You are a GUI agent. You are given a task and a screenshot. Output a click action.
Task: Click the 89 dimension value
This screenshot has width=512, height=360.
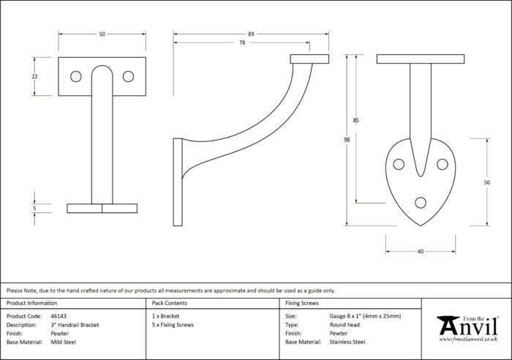[x=251, y=34]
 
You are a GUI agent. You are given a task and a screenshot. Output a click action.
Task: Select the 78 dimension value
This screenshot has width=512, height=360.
[x=242, y=42]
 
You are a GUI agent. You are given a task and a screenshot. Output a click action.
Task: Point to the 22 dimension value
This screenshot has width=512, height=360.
[x=34, y=76]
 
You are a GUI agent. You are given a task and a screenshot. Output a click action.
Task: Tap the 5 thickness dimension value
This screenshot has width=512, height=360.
[x=34, y=209]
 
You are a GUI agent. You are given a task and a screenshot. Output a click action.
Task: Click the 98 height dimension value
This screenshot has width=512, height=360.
[x=347, y=140]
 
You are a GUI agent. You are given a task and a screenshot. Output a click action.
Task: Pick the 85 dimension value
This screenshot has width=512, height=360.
[x=356, y=120]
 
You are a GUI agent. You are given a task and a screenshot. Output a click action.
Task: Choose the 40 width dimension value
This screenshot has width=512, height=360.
[x=421, y=252]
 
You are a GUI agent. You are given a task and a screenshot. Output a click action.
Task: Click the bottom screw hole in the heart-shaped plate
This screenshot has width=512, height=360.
[x=421, y=203]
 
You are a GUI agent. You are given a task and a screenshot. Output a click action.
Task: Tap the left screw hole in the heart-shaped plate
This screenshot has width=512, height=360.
[x=399, y=164]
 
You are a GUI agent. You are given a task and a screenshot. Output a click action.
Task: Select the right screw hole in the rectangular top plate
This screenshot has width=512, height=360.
[x=128, y=76]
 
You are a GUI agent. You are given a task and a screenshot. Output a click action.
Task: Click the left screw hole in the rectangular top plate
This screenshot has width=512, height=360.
[x=76, y=76]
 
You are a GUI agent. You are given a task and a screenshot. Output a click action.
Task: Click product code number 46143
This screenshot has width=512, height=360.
[x=59, y=316]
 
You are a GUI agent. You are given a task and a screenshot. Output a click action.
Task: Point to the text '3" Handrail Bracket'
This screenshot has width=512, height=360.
[x=75, y=325]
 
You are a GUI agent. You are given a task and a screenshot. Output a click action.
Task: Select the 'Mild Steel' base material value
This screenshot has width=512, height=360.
[x=64, y=342]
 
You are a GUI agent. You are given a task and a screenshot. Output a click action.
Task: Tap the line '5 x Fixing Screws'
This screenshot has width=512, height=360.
[x=173, y=325]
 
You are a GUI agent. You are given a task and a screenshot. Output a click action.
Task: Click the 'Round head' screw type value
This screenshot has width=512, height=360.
[x=345, y=325]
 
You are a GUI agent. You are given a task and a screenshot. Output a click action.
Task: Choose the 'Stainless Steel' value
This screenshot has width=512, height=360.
[x=347, y=342]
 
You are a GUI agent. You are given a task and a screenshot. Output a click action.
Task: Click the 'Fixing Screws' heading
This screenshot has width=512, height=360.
[x=301, y=303]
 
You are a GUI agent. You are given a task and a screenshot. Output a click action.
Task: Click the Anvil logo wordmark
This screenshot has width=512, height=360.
[x=468, y=326]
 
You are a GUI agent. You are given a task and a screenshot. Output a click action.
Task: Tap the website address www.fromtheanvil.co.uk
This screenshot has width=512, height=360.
[x=468, y=340]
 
